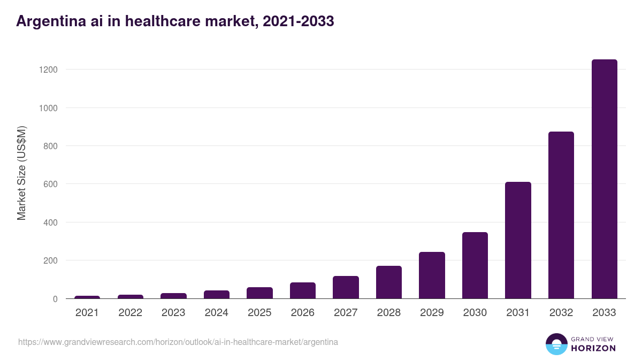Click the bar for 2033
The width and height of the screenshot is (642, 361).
point(604,179)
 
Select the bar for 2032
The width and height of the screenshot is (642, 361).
point(561,215)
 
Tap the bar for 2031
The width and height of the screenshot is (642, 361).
point(518,240)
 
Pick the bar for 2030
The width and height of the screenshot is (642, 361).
point(475,265)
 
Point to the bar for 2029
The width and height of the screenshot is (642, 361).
point(432,275)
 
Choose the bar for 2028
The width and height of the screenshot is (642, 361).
point(389,282)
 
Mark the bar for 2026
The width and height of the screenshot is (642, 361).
point(303,290)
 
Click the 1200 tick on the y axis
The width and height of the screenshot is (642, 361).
point(48,70)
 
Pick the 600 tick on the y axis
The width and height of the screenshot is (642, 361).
point(50,185)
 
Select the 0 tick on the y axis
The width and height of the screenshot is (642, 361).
point(55,299)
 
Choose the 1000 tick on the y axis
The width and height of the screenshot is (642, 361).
point(48,108)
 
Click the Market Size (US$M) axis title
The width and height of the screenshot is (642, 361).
point(21,173)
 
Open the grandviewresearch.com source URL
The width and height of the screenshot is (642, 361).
point(178,342)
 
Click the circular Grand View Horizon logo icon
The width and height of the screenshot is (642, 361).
point(556,344)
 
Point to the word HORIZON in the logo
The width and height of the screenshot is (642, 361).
point(593,348)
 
